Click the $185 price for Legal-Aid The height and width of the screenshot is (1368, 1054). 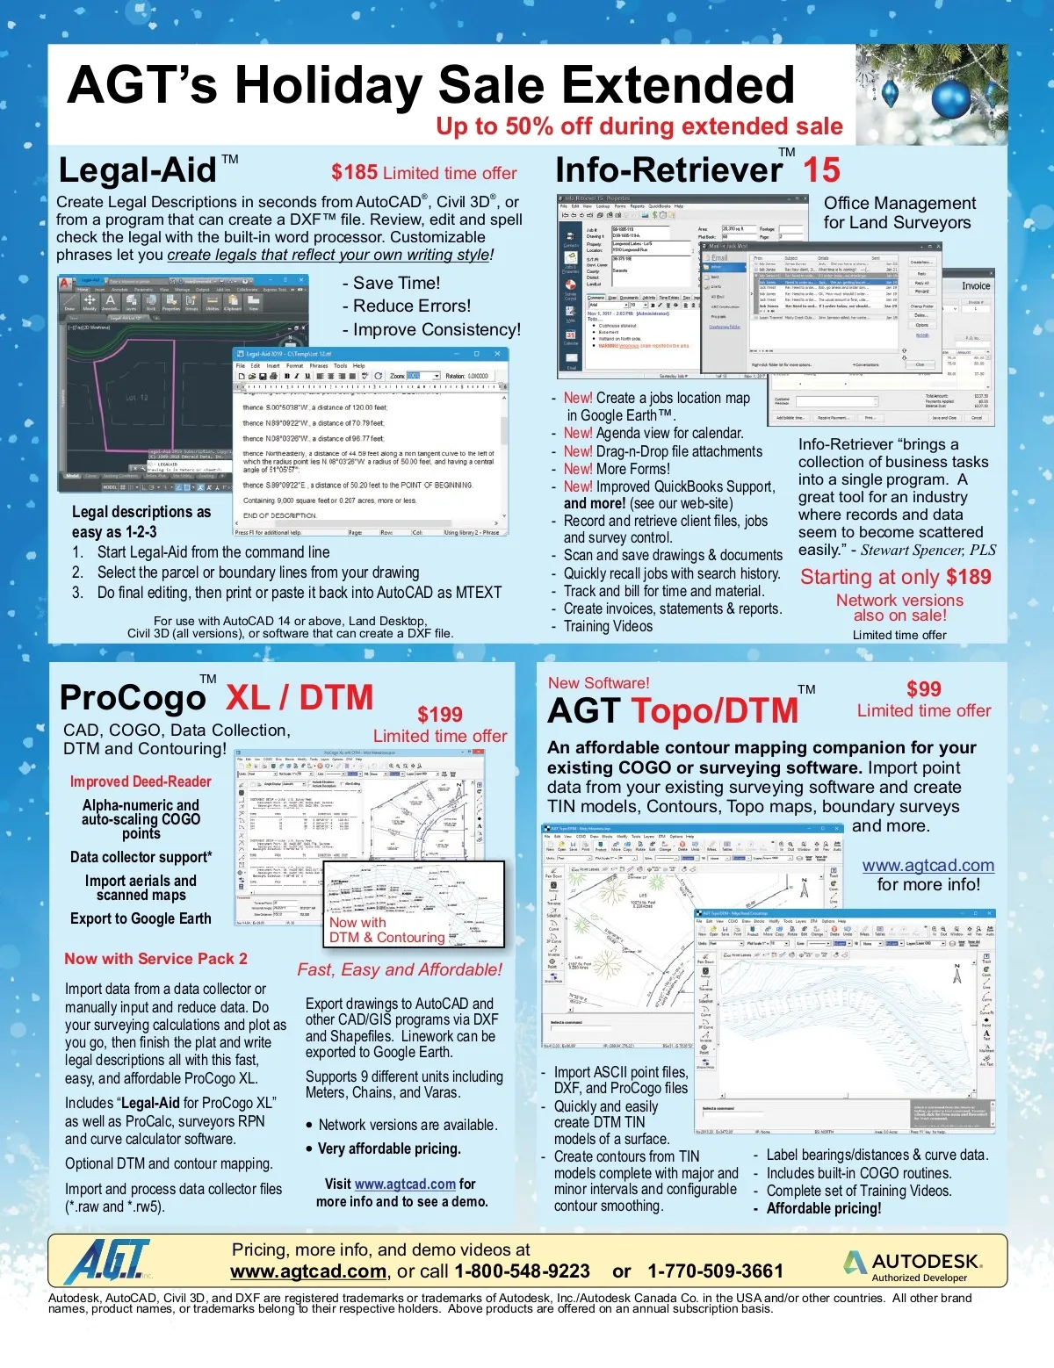point(354,173)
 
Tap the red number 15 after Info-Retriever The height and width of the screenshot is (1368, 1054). point(821,169)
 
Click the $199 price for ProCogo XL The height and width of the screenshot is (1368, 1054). point(439,714)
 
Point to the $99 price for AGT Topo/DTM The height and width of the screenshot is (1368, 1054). point(923,689)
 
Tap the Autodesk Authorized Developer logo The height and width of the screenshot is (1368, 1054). point(913,1266)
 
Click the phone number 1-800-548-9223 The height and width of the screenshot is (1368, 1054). point(522,1271)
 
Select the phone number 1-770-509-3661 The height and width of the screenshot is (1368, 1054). point(715,1271)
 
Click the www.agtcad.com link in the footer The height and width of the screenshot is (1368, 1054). point(308,1271)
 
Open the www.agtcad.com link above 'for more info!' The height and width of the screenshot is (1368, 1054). point(928,866)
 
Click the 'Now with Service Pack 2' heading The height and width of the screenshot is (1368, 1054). point(155,959)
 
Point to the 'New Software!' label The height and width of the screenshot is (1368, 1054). point(598,683)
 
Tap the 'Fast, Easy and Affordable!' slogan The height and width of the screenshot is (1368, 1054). point(400,969)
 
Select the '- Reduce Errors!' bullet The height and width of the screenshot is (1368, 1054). point(407,306)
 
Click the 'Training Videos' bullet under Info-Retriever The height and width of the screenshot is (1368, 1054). point(608,626)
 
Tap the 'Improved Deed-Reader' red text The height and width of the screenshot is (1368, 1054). point(141,781)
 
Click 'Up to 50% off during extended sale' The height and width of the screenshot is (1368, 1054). point(639,126)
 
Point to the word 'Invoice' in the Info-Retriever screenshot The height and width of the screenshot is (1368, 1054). point(975,286)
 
